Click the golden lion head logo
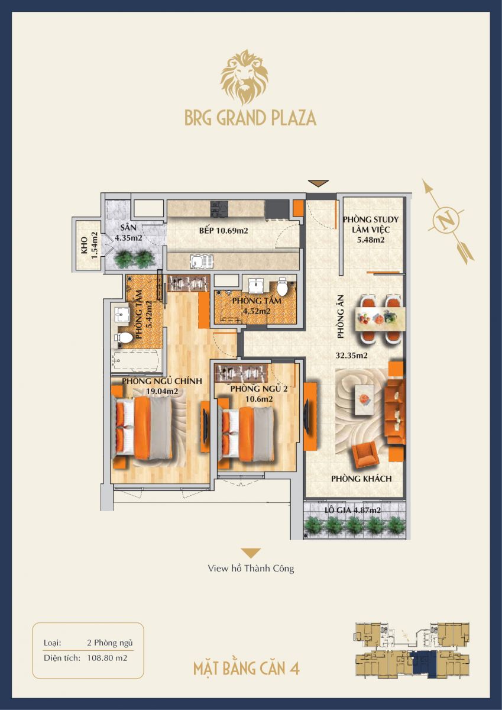[x=245, y=78]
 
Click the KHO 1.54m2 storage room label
[x=89, y=245]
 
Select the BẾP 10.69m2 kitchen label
[x=224, y=230]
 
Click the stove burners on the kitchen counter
[x=219, y=210]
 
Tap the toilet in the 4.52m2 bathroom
[x=282, y=286]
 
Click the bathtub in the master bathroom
[x=136, y=360]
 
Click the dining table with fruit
[x=380, y=317]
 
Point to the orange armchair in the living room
[x=366, y=454]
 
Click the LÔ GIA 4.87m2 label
[x=352, y=510]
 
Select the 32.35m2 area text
[x=352, y=356]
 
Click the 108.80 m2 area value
[x=107, y=658]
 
